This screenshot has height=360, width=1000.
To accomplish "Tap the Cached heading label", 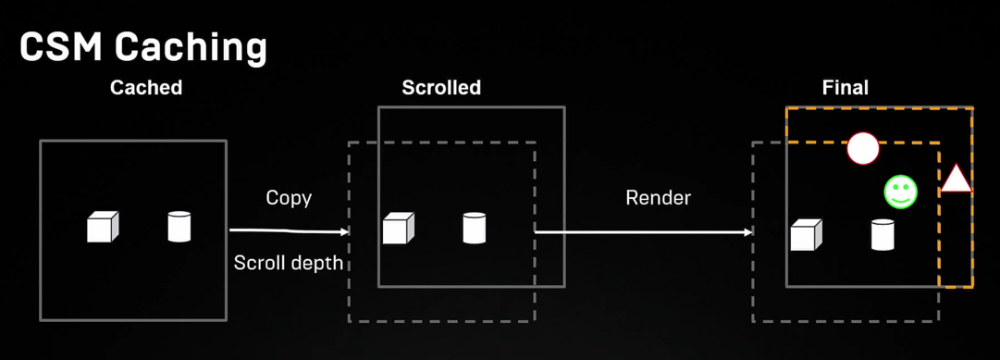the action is (x=146, y=88).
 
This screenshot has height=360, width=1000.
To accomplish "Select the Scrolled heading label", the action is (x=441, y=88).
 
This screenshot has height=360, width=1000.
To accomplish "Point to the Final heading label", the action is (x=846, y=88).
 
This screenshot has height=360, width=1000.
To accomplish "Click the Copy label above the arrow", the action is (x=289, y=198).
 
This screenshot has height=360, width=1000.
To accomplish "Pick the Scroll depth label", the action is (x=289, y=263).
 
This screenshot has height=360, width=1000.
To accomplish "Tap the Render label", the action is (x=659, y=198).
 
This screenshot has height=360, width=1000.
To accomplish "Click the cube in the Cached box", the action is (x=103, y=227).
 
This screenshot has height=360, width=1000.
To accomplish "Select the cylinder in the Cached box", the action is (x=179, y=226).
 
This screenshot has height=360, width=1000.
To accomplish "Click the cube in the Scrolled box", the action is (x=399, y=228).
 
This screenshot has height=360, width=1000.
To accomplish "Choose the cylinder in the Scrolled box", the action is (x=475, y=228).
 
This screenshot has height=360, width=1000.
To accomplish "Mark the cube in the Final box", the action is (x=806, y=235).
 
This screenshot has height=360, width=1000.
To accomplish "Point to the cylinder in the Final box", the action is (x=883, y=235).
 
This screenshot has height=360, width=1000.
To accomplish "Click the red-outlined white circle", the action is (x=863, y=149).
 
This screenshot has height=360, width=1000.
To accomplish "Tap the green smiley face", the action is (x=900, y=192).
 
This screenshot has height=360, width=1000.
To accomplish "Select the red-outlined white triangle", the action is (x=957, y=179).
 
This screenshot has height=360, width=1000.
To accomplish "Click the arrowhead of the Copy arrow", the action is (x=345, y=231).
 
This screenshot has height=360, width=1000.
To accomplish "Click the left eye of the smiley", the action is (x=895, y=187).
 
